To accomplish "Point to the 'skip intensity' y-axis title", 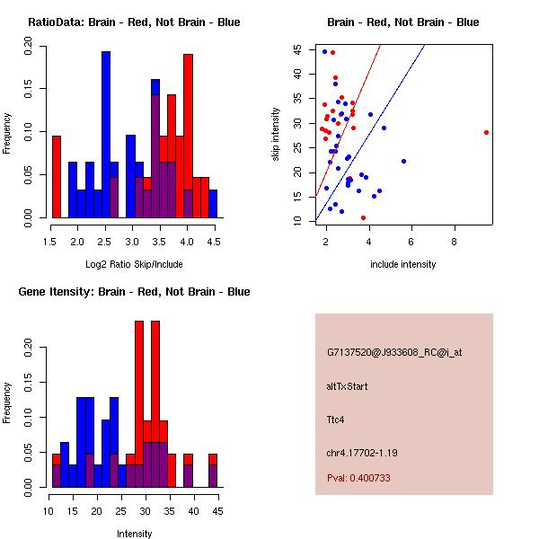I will (277, 135).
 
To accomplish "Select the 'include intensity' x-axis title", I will (403, 264).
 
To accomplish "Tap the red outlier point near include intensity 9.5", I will (486, 132).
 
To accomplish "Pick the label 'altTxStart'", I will (348, 386).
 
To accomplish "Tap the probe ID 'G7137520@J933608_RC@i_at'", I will (394, 353).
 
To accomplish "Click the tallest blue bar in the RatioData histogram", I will (105, 135).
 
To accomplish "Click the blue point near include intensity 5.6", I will (403, 161).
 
